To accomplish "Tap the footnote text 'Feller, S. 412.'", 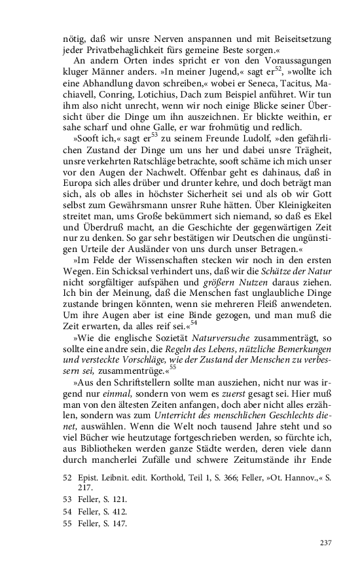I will point(101,512).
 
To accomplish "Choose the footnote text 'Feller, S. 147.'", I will point(101,524).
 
